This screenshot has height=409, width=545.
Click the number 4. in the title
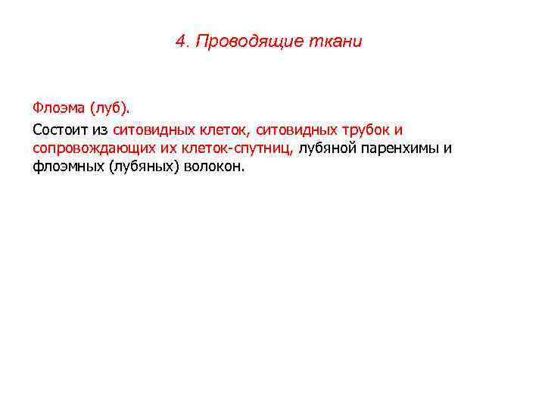pos(182,41)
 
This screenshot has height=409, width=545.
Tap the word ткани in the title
pos(335,41)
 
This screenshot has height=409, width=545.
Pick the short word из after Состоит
pos(99,130)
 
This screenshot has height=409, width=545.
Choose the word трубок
pos(364,130)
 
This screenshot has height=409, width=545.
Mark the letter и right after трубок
pos(399,130)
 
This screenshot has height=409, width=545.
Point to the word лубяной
pos(325,148)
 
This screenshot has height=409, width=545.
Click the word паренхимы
pos(400,148)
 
